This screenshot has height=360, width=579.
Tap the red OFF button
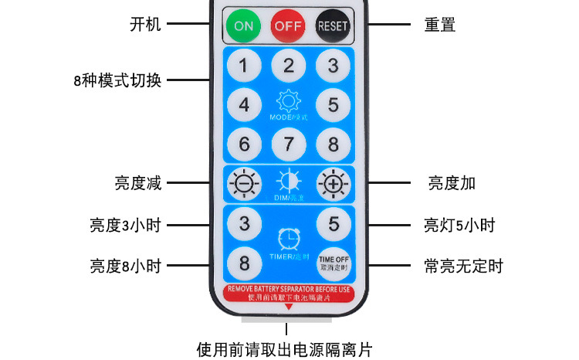coord(288,25)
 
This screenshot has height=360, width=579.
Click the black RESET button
coord(333,25)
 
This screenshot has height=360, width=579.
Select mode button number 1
coord(244,66)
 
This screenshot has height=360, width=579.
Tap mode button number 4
coord(244,104)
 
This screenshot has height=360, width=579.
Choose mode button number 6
coord(244,144)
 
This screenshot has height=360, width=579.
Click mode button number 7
coord(289,144)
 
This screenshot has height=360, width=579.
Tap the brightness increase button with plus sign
coord(334,184)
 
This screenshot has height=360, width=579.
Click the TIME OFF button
coord(334,263)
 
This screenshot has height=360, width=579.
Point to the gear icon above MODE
coord(289,101)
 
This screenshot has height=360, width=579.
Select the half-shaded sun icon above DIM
coord(289,182)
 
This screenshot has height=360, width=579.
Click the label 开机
coord(145,24)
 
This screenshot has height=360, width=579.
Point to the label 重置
coord(440,25)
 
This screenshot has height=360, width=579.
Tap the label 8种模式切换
coord(117,80)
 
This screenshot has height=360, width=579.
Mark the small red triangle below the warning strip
coord(289,307)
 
